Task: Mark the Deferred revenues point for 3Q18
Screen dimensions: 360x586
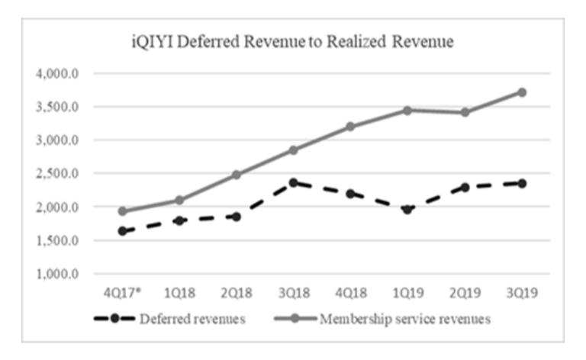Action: pyautogui.click(x=294, y=182)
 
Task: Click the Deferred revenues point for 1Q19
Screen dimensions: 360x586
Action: pyautogui.click(x=407, y=208)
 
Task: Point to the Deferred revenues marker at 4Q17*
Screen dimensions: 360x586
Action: pyautogui.click(x=123, y=231)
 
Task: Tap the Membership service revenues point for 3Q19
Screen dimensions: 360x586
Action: pyautogui.click(x=521, y=92)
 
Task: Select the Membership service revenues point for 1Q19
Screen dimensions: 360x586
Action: pyautogui.click(x=407, y=110)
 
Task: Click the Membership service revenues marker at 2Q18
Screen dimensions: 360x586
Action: pyautogui.click(x=237, y=175)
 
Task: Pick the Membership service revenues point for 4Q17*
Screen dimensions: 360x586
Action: pyautogui.click(x=123, y=211)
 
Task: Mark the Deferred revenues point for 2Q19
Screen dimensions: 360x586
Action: pyautogui.click(x=465, y=187)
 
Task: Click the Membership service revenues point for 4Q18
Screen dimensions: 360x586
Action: pyautogui.click(x=350, y=127)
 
